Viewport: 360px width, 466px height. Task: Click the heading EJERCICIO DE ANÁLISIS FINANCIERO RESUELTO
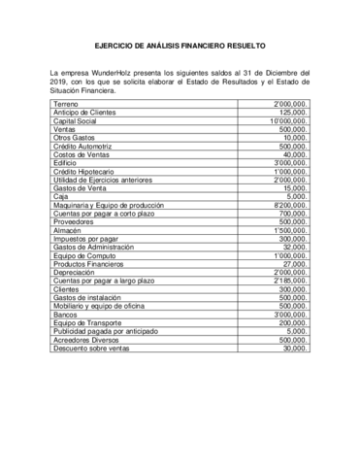180,44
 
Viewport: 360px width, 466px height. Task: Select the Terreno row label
67,103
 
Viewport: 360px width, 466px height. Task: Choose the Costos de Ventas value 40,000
295,154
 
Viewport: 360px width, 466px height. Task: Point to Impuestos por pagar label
86,239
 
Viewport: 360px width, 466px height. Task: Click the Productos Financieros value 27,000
295,264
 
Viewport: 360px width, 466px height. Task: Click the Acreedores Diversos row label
87,341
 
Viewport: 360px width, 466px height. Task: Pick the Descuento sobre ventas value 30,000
295,349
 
